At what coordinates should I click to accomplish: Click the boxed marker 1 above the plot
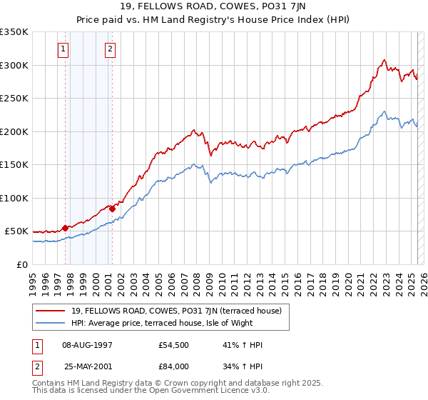pos(64,49)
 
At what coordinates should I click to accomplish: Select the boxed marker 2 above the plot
pos(111,49)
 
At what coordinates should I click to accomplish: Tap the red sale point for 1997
pos(66,228)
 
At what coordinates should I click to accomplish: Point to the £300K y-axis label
pos(14,65)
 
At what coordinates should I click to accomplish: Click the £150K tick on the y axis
pos(14,165)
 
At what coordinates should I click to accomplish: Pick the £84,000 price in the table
pos(173,366)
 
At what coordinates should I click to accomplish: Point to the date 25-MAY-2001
pos(86,366)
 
